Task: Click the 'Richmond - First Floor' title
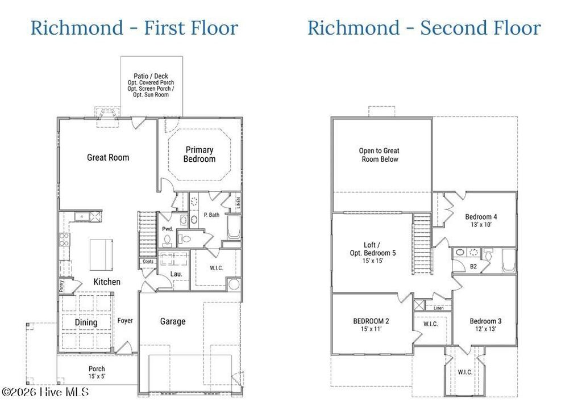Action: [x=134, y=27]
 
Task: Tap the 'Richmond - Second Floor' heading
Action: [x=424, y=27]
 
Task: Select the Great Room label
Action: [x=108, y=157]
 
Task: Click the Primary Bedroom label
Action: [x=199, y=154]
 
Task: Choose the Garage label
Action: [x=172, y=321]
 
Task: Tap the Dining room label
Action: [x=86, y=322]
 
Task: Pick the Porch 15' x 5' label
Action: [x=97, y=373]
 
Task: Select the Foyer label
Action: [x=125, y=321]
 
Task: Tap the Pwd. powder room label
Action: [x=167, y=229]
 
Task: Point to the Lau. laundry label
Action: [x=176, y=274]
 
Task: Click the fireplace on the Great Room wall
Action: [x=106, y=115]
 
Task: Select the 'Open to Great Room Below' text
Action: [x=379, y=155]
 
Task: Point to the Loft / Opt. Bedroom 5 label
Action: [x=373, y=253]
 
